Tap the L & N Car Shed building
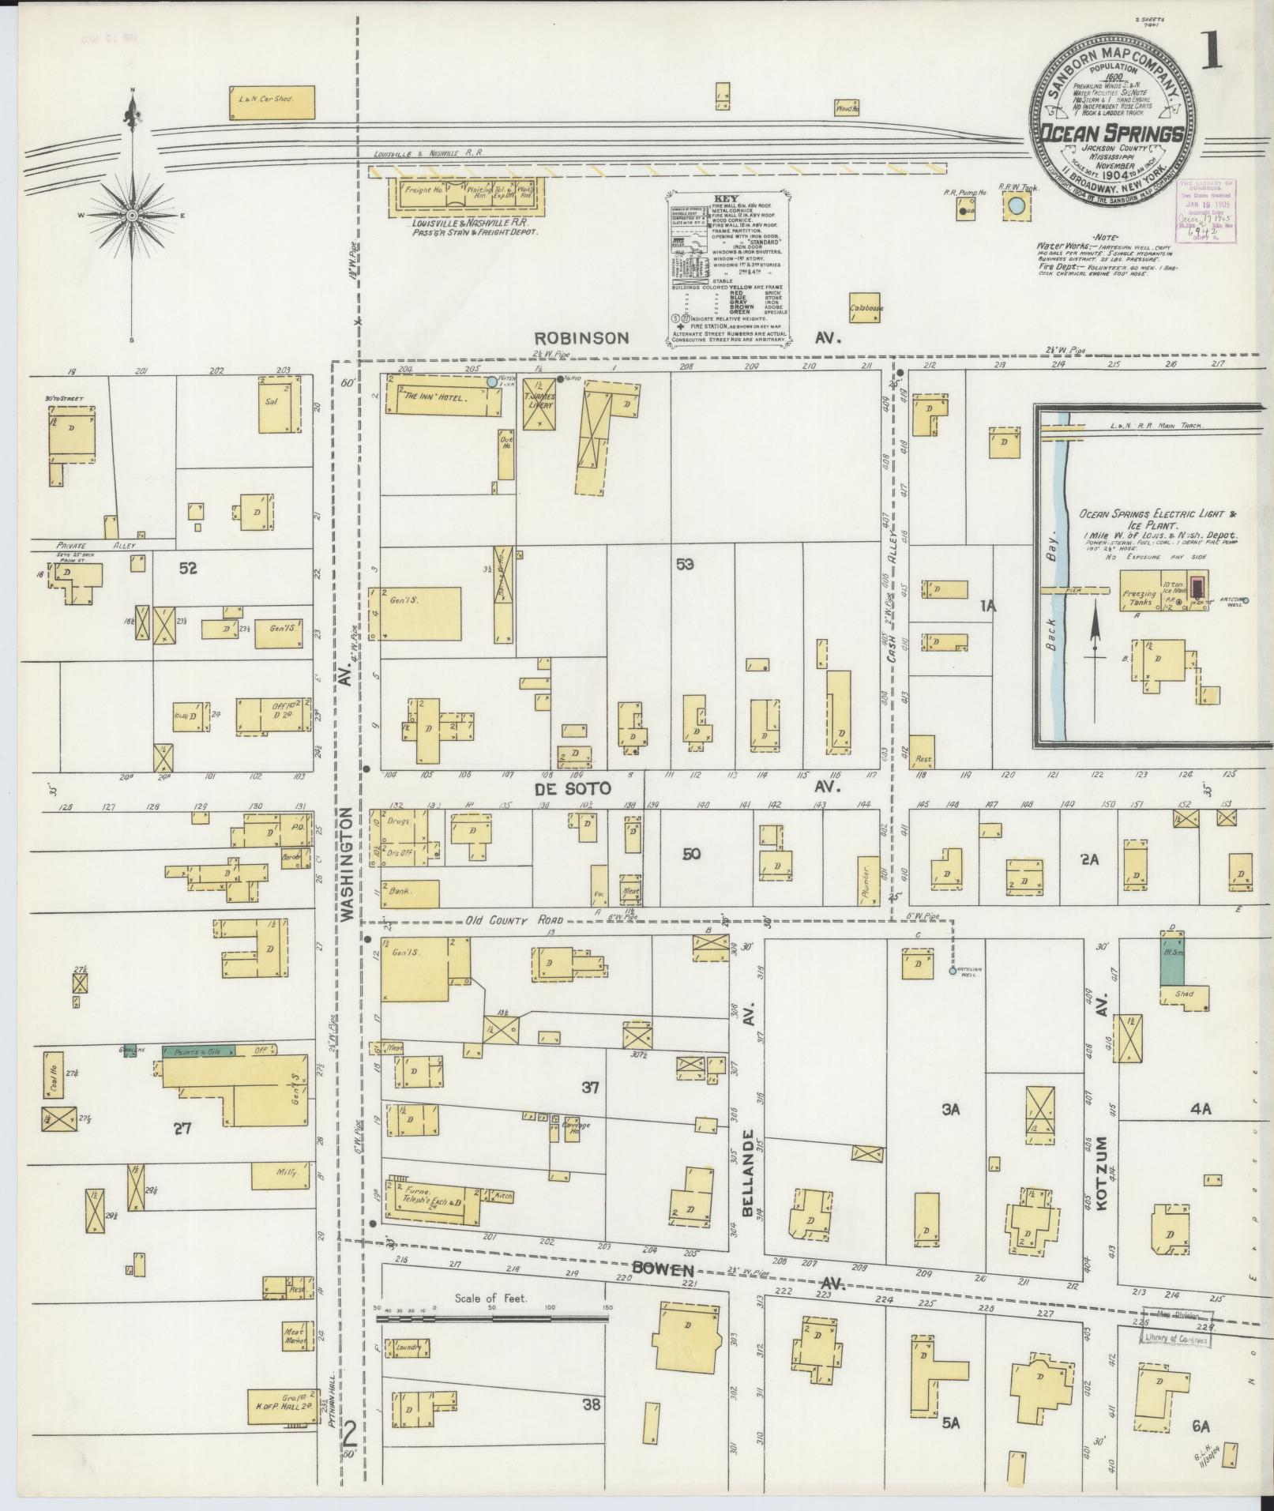[272, 102]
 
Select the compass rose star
[132, 215]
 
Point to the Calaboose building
[866, 309]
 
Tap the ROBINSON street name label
[581, 338]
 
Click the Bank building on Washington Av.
[410, 893]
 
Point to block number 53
[685, 564]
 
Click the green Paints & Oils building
[197, 1051]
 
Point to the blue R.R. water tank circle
[1017, 208]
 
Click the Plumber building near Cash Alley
[866, 879]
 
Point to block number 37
[591, 1088]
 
